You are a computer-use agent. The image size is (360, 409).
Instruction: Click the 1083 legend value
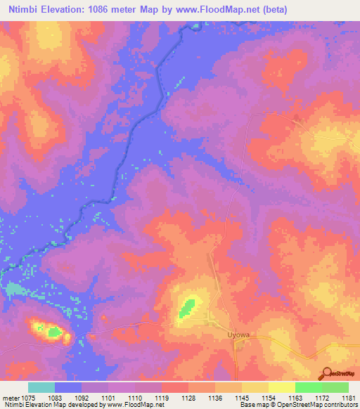tap(65, 397)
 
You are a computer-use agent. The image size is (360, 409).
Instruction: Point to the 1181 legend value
tap(348, 397)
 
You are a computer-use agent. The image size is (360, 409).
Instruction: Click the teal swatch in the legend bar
tap(41, 387)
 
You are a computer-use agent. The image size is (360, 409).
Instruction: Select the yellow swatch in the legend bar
tap(281, 387)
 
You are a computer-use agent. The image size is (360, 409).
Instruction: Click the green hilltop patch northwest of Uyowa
tap(188, 306)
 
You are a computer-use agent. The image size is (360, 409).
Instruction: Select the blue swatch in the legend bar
tap(68, 387)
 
